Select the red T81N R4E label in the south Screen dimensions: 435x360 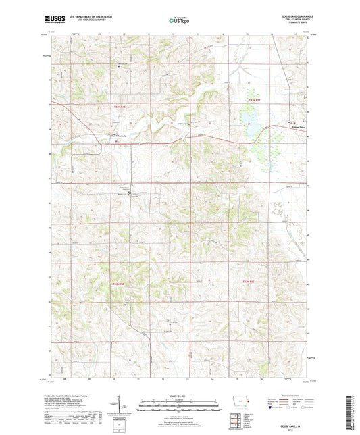click(119, 286)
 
